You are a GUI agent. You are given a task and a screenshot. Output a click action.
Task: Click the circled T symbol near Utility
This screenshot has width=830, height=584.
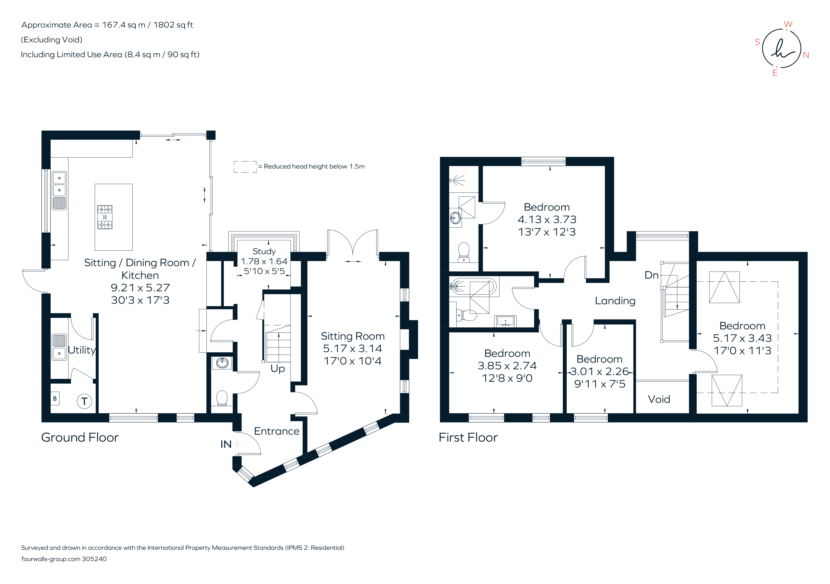pos(84,401)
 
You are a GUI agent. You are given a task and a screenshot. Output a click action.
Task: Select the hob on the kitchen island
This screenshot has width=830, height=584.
pos(105,217)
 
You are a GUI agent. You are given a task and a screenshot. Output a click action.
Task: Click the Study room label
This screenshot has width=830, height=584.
pos(264,251)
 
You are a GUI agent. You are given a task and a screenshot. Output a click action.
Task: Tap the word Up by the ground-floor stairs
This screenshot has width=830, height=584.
pos(278,369)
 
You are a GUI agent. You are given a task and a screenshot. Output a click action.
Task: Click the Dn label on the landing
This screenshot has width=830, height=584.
pos(651,275)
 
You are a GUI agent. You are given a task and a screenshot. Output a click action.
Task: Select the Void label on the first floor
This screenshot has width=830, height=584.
pos(659,399)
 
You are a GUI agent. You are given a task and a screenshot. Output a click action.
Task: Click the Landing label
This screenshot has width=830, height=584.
pos(615,301)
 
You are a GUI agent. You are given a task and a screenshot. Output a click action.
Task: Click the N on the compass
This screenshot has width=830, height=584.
pos(806,55)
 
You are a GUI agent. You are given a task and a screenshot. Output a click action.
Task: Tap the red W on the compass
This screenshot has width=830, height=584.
pos(788,24)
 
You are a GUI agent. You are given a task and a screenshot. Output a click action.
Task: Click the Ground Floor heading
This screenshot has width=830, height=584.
pos(80,437)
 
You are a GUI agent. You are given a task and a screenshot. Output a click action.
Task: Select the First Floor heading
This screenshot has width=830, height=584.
pos(468,437)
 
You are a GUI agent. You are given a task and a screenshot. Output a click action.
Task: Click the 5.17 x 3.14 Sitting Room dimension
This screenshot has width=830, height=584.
pos(352,348)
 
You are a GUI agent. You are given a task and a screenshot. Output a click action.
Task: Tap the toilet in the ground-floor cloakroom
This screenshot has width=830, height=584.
pos(222,398)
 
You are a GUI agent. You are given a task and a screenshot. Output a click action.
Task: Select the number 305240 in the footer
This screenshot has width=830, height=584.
pos(94,559)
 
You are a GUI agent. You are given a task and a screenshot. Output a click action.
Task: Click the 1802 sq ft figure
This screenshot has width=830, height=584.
pos(173,25)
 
